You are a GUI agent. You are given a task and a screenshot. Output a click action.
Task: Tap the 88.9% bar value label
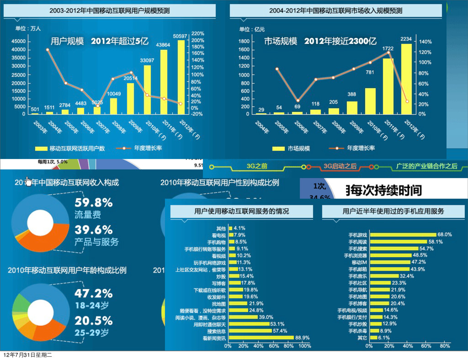(x=303, y=338)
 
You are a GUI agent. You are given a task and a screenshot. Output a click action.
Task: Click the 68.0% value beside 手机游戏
(x=445, y=234)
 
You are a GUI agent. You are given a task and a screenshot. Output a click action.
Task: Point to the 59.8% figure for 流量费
(x=94, y=202)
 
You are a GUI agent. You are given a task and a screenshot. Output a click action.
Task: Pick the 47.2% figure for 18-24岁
(x=94, y=293)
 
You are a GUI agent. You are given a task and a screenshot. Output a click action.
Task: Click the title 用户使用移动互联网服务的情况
(x=242, y=211)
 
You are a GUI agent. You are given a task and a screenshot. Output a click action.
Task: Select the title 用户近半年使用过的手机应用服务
(x=393, y=211)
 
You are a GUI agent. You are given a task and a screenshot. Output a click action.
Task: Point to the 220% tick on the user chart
(x=198, y=34)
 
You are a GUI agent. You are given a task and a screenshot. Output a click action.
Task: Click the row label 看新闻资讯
(x=214, y=338)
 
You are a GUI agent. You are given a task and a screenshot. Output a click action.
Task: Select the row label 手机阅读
(x=358, y=242)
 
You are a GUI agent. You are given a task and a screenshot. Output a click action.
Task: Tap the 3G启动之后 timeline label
(x=340, y=166)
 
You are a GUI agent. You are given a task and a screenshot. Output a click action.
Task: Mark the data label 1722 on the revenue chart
(x=388, y=48)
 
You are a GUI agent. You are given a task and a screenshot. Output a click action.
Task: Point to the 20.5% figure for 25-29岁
(x=94, y=320)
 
